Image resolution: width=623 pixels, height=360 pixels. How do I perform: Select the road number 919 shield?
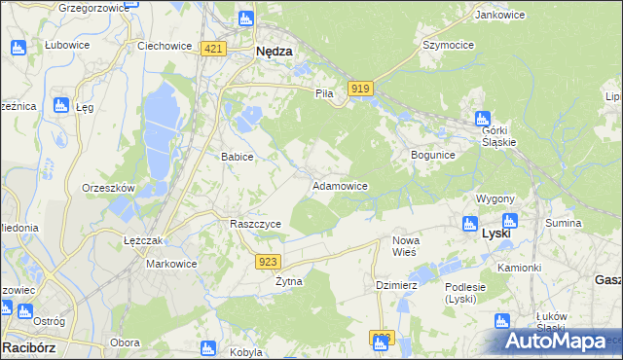(359, 89)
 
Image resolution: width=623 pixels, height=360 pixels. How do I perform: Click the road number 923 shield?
(270, 261)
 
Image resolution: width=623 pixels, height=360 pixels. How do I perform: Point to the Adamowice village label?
(339, 185)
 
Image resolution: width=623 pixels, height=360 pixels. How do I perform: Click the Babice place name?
(238, 157)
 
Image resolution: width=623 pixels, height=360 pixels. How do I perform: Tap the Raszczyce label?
(255, 224)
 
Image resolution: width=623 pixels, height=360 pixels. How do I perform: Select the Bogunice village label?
(433, 155)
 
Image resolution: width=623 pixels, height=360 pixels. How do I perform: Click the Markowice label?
(171, 264)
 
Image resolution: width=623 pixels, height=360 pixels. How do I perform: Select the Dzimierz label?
(396, 285)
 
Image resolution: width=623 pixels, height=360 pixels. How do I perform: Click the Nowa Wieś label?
(404, 245)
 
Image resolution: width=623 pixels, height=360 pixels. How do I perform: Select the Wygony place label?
(495, 198)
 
